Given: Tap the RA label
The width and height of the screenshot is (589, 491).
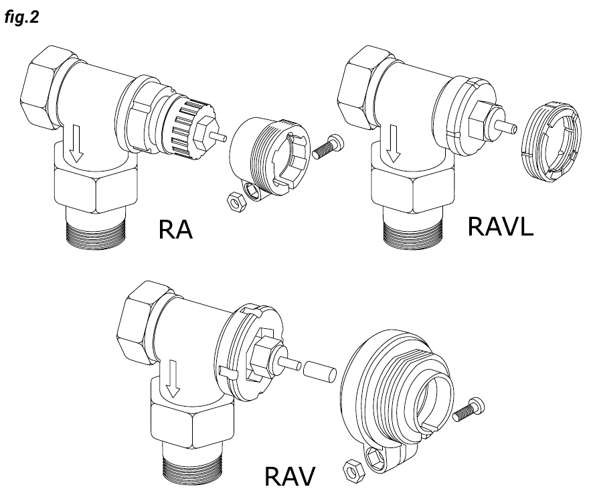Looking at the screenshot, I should point(175,230).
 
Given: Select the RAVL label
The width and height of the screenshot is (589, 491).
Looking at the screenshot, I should point(501,227).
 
